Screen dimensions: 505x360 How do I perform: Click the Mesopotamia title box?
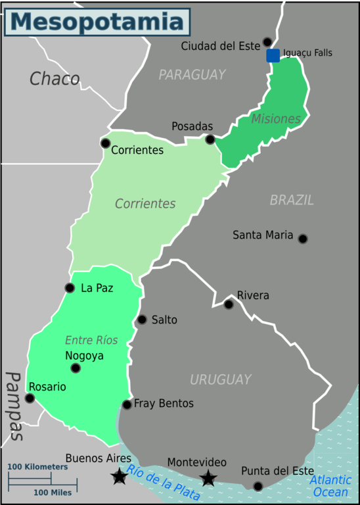[98, 22]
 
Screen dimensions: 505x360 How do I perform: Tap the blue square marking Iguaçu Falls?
[273, 55]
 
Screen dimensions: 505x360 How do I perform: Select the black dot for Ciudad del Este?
[267, 42]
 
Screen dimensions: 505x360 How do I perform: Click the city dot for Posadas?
[210, 139]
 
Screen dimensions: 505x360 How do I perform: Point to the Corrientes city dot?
[105, 143]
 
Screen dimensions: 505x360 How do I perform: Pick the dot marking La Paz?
[70, 287]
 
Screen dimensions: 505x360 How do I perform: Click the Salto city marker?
[141, 320]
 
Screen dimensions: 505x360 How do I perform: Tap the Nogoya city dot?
[76, 368]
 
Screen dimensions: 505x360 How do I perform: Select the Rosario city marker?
[30, 398]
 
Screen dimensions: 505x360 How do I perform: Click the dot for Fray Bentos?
[127, 404]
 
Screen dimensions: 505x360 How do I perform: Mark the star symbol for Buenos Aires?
[119, 477]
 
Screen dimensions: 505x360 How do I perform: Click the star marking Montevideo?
[208, 478]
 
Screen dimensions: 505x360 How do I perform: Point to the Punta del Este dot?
[258, 486]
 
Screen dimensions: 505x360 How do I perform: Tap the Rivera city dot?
[229, 304]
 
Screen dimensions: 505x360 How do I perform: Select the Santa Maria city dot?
[303, 239]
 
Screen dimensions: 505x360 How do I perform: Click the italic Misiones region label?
[275, 119]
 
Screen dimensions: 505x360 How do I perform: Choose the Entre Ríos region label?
[91, 340]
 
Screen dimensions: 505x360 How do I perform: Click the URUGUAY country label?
[220, 379]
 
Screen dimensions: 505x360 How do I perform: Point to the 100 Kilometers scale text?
[37, 467]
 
